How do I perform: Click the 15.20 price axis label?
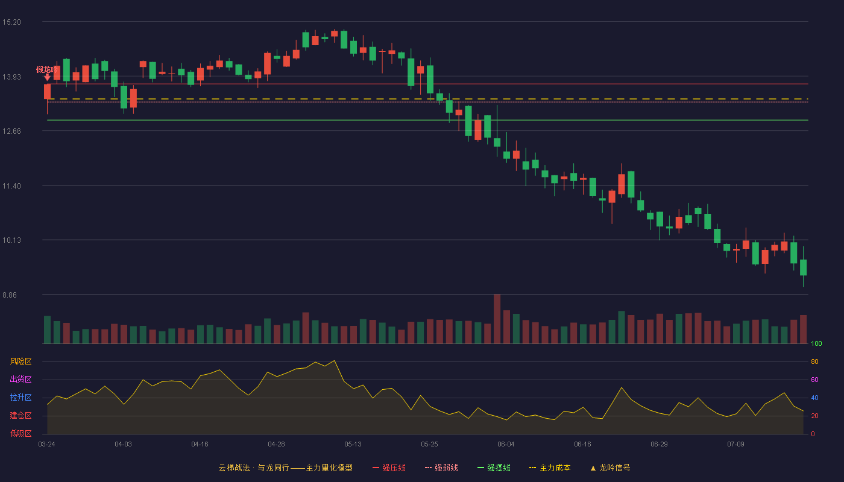click(x=11, y=22)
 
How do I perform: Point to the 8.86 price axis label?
click(x=10, y=295)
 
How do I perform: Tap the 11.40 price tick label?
click(x=11, y=186)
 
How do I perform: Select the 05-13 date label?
click(x=353, y=445)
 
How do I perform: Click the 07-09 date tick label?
click(x=735, y=445)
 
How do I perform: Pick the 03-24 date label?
click(x=47, y=445)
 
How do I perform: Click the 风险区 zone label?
click(x=20, y=361)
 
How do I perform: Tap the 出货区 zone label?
click(x=20, y=379)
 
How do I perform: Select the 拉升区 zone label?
click(x=20, y=397)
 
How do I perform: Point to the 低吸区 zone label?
click(x=20, y=433)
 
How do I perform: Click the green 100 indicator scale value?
click(x=816, y=343)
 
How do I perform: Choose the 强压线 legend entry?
click(x=389, y=468)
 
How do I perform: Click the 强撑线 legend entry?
click(x=494, y=468)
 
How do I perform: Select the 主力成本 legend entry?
click(x=550, y=468)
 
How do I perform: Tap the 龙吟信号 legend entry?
click(x=610, y=468)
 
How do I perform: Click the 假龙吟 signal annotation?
click(x=47, y=70)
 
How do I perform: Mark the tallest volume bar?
click(x=497, y=319)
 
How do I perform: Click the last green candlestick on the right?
click(x=803, y=268)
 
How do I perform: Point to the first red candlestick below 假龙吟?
click(x=47, y=92)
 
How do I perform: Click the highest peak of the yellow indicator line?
click(x=334, y=361)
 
